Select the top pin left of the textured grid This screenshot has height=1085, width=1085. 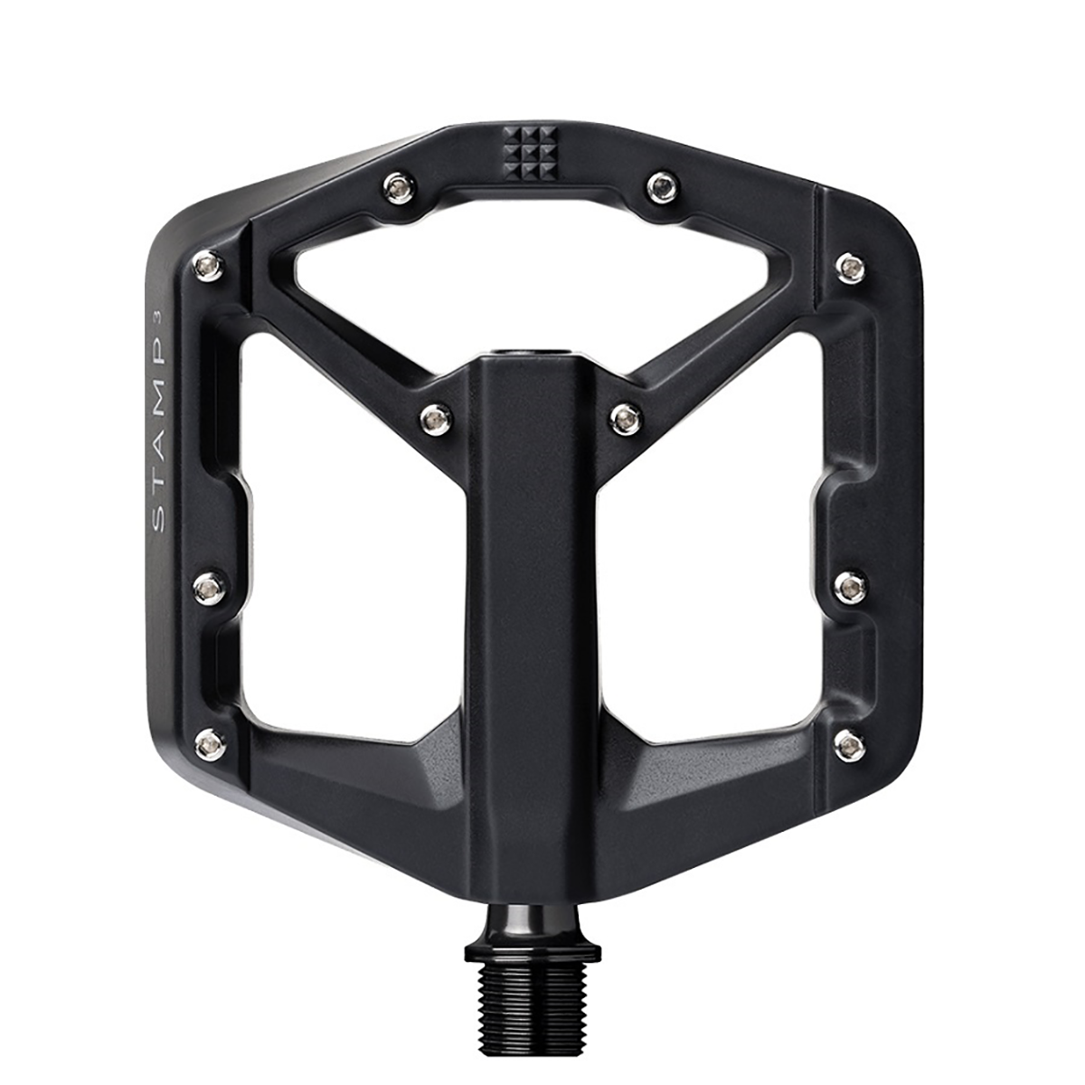click(398, 187)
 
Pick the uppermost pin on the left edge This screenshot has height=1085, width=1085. click(209, 265)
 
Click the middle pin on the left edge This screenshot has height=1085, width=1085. click(210, 589)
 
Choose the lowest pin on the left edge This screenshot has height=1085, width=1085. click(211, 743)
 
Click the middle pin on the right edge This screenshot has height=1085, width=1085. click(850, 589)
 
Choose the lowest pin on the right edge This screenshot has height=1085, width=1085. click(851, 745)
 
